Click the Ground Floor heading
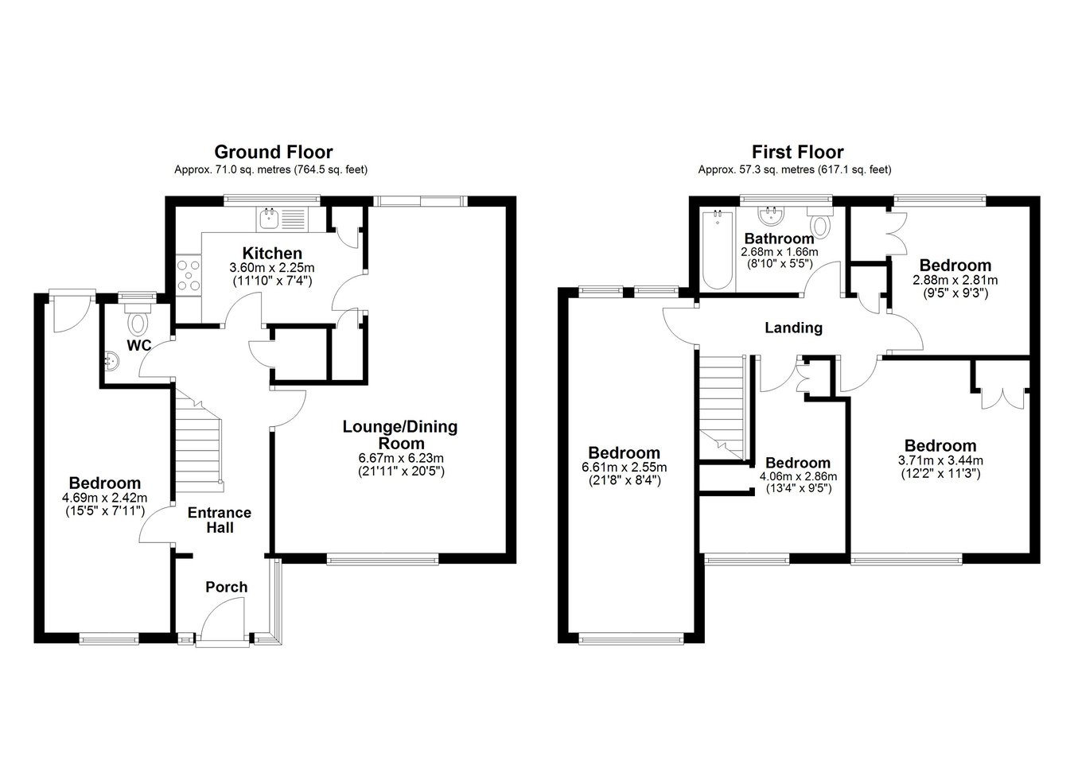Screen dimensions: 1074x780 pos(274,152)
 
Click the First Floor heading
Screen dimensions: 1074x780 pos(797,152)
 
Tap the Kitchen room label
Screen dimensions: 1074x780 pos(272,253)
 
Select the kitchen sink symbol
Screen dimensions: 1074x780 pos(269,219)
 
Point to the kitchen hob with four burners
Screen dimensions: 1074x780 pos(189,275)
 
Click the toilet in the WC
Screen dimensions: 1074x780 pos(138,320)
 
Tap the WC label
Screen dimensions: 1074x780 pos(139,345)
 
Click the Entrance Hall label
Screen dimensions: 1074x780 pos(220,520)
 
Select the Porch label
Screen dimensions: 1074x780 pos(226,587)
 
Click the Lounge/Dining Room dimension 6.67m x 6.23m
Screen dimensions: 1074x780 pos(401,457)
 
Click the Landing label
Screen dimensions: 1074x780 pos(793,328)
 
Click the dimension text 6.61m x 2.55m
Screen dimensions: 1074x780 pos(625,468)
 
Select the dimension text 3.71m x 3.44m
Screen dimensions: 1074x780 pos(940,460)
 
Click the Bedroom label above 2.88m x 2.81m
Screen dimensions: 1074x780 pos(955,265)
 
